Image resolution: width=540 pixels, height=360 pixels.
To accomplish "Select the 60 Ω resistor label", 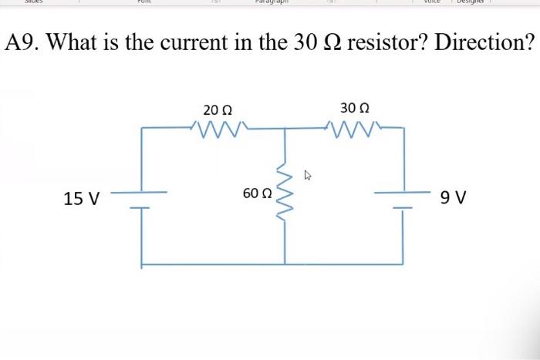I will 257,193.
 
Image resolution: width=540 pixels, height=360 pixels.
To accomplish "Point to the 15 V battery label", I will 81,199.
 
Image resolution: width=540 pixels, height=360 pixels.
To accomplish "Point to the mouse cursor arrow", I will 308,176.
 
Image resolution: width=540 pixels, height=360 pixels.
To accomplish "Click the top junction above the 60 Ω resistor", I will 286,128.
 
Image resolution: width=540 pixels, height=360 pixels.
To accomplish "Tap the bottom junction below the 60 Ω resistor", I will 286,264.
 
